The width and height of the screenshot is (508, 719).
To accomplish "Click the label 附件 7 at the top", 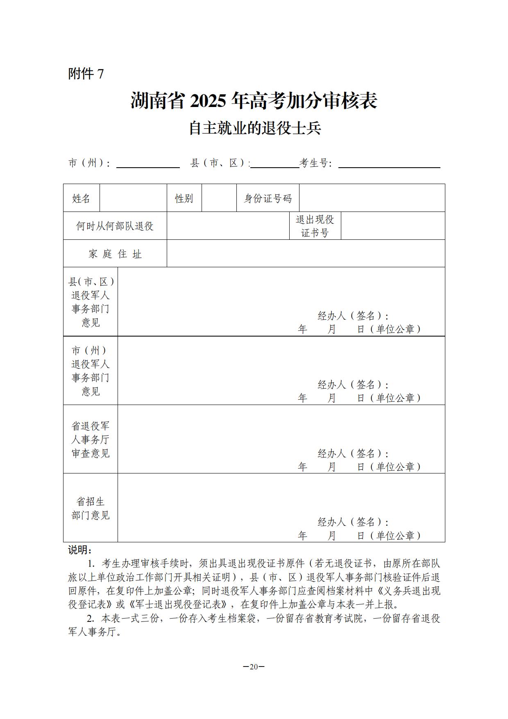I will pos(86,74).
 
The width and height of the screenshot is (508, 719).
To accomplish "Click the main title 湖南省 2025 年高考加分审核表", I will pos(254,101).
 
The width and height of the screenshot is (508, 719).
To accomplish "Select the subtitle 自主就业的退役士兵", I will pos(254,128).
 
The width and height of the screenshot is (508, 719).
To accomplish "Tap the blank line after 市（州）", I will pos(148,164).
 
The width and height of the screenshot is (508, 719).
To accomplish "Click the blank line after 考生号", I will pos(389,164).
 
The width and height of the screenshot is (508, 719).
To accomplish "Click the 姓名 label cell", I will pos(81,198).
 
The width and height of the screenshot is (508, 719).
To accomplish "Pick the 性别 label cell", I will pos(184,198).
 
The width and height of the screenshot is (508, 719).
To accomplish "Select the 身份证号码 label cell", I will pos(268,198).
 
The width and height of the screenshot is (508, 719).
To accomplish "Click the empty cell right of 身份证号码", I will pos(372,198).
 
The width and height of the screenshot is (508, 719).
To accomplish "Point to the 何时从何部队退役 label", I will pos(115,226).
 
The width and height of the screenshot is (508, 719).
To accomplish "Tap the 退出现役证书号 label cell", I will pos(315,226).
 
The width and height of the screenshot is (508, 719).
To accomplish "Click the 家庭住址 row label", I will pos(115,254).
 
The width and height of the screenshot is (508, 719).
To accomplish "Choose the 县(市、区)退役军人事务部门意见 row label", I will pos(91,302).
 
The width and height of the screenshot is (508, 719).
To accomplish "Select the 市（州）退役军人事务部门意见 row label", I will pos(91,371).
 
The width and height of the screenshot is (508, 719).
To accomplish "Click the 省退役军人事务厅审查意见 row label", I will pos(91,439).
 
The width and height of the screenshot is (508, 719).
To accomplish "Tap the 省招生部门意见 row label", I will pos(91,508).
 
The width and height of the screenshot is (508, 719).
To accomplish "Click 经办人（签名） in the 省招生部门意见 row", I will pos(353,522).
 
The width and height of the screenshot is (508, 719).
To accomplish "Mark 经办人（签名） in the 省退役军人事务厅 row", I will pos(353,453).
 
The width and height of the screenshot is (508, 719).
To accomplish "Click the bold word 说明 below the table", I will pos(79,550).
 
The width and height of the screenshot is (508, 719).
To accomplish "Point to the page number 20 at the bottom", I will pos(254,667).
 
